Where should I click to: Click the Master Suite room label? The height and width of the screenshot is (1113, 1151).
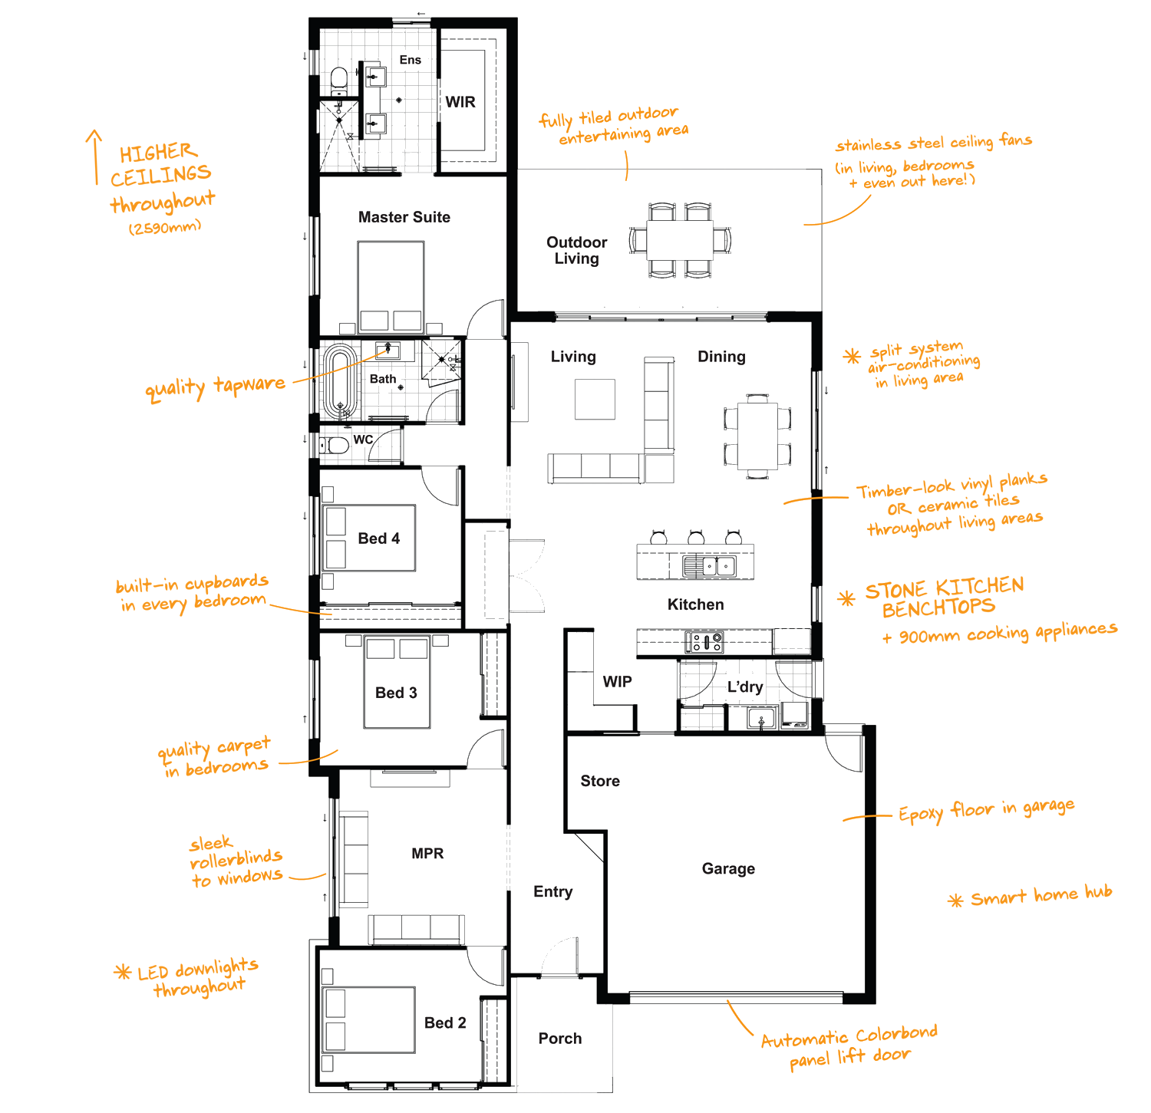(x=404, y=217)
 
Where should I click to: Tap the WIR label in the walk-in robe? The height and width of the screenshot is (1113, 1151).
(x=460, y=102)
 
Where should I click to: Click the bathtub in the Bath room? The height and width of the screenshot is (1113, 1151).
(x=340, y=381)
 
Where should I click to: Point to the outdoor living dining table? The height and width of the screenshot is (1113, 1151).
(x=680, y=240)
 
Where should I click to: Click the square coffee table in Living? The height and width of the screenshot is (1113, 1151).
(x=595, y=400)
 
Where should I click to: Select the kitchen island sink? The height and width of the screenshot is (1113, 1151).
(x=709, y=566)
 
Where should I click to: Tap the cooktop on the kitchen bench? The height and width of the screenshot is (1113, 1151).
(x=704, y=641)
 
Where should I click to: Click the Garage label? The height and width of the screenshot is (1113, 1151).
(x=728, y=868)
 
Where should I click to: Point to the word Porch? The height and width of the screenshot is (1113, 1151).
(x=560, y=1039)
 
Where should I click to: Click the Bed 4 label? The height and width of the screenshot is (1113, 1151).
(x=379, y=538)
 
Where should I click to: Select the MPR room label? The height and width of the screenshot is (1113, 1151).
(x=427, y=854)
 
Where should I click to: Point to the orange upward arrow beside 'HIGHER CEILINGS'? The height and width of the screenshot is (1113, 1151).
(x=94, y=157)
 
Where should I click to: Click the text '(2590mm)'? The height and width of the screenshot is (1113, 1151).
(x=165, y=227)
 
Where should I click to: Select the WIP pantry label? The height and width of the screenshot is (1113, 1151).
(x=617, y=682)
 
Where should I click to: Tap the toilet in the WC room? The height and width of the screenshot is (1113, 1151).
(x=335, y=446)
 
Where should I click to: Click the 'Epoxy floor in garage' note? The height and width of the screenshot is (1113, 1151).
(x=986, y=810)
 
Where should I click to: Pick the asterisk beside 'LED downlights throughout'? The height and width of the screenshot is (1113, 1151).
(x=122, y=972)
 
